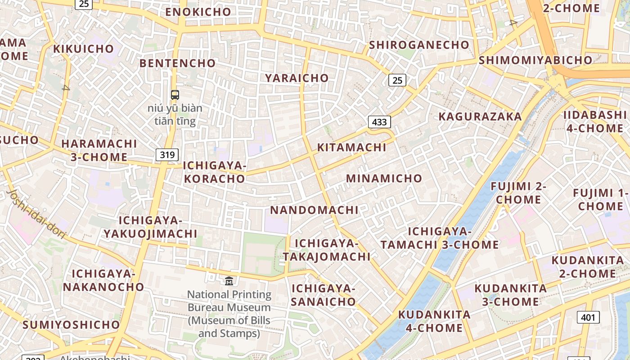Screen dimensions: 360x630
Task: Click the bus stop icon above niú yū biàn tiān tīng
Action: [175, 95]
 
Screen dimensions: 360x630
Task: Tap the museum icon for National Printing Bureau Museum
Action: [229, 281]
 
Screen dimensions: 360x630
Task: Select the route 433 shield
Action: [379, 121]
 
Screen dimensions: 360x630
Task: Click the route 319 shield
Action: [167, 155]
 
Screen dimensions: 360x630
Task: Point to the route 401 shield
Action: [588, 317]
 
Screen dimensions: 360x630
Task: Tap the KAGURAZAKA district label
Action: [480, 117]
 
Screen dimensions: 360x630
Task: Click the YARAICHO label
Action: [297, 78]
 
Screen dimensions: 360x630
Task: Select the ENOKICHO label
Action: [198, 12]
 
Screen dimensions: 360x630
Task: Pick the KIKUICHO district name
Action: [84, 49]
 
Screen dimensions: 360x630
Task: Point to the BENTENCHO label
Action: [177, 63]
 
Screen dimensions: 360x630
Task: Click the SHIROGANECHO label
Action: [419, 45]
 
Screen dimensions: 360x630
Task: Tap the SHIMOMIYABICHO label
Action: [535, 60]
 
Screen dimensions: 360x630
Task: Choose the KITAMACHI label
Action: [352, 147]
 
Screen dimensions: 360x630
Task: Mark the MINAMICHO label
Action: [384, 178]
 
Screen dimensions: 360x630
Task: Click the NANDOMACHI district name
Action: [314, 210]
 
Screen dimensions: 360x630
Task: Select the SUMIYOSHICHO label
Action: [72, 324]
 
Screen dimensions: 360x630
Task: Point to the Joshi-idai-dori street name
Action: [36, 214]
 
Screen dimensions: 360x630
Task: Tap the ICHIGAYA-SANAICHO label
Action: [323, 295]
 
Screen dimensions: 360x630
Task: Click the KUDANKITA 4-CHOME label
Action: [434, 321]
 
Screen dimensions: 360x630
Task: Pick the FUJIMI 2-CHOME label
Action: [518, 193]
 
